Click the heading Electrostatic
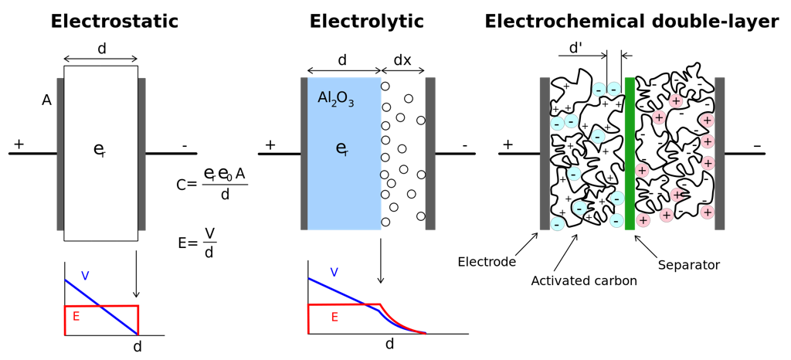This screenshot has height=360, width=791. pyautogui.click(x=114, y=22)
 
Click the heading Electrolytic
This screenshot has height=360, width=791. pyautogui.click(x=366, y=22)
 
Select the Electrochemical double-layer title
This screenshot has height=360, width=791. pyautogui.click(x=631, y=22)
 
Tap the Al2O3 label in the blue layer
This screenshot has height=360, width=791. pyautogui.click(x=336, y=99)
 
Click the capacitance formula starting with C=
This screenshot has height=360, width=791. pyautogui.click(x=212, y=183)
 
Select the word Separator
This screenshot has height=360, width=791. pyautogui.click(x=688, y=265)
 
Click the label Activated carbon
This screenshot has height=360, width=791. pyautogui.click(x=584, y=281)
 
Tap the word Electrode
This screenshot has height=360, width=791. pyautogui.click(x=487, y=261)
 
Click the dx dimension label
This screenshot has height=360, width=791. pyautogui.click(x=402, y=59)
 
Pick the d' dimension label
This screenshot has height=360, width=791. pyautogui.click(x=576, y=48)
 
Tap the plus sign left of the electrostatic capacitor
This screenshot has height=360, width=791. pyautogui.click(x=19, y=144)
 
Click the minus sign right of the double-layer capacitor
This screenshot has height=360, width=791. pyautogui.click(x=757, y=144)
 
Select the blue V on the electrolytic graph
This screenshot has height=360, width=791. pyautogui.click(x=334, y=272)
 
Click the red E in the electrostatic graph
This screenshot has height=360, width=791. pyautogui.click(x=76, y=316)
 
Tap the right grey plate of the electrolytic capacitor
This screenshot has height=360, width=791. pyautogui.click(x=430, y=153)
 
